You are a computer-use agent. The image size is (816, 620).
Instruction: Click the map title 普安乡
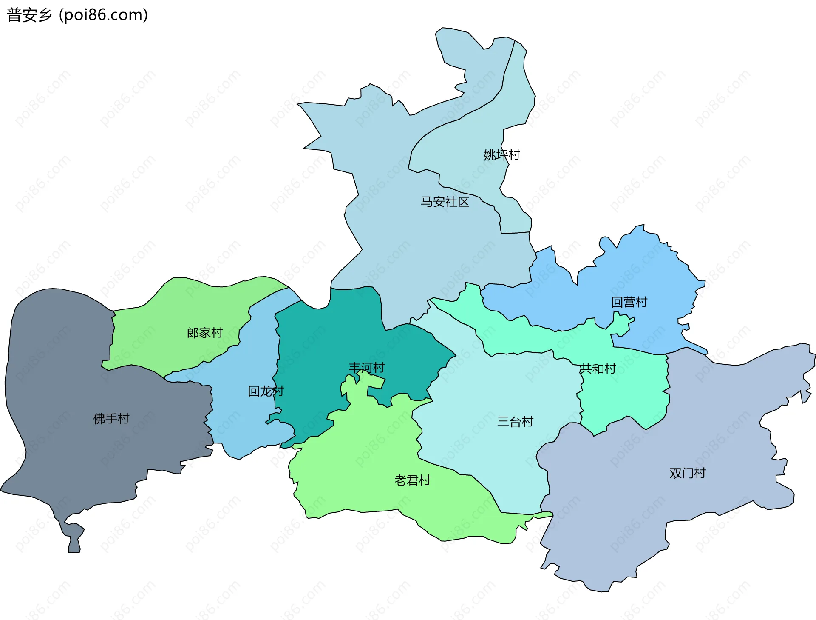(x=29, y=15)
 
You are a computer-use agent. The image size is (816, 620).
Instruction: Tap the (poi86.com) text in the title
(x=103, y=15)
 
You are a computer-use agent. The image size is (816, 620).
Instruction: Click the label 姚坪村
(x=501, y=155)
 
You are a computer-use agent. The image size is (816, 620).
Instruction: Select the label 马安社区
(x=445, y=202)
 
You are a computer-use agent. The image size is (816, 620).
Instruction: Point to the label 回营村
(x=629, y=302)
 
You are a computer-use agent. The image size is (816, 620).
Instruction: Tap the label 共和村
(x=598, y=369)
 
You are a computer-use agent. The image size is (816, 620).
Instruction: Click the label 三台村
(x=515, y=422)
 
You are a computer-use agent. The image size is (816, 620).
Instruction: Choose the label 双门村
(x=687, y=473)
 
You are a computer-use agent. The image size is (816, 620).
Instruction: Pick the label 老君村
(x=412, y=480)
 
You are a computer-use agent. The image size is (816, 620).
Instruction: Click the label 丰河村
(x=366, y=368)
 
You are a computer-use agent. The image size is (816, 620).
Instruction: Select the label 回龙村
(x=266, y=391)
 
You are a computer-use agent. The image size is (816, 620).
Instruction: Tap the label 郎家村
(x=205, y=333)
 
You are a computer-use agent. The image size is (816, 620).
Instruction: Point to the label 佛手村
(x=111, y=419)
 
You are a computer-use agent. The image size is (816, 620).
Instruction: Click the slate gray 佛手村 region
(x=64, y=362)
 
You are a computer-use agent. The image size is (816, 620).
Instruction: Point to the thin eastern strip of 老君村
(x=540, y=516)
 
